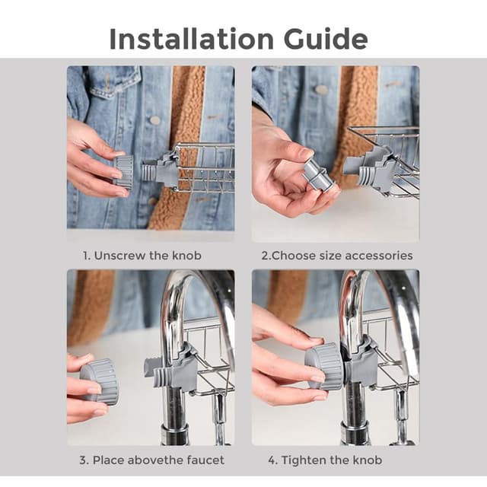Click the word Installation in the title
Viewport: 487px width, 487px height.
pos(191,39)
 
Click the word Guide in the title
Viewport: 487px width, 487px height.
pos(326,39)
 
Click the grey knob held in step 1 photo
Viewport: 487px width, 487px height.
pos(123,172)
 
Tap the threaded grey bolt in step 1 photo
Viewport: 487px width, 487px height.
pos(149,173)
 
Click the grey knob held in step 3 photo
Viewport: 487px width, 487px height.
pos(100,381)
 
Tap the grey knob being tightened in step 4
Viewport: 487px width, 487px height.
pos(324,367)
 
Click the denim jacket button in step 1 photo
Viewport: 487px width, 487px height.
pos(154,119)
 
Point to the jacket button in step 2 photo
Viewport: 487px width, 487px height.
pos(321,90)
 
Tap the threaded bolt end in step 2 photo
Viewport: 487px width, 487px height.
pos(367,176)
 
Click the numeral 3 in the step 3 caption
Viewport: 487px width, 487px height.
pos(83,460)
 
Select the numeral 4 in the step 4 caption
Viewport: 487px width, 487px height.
pos(272,460)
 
